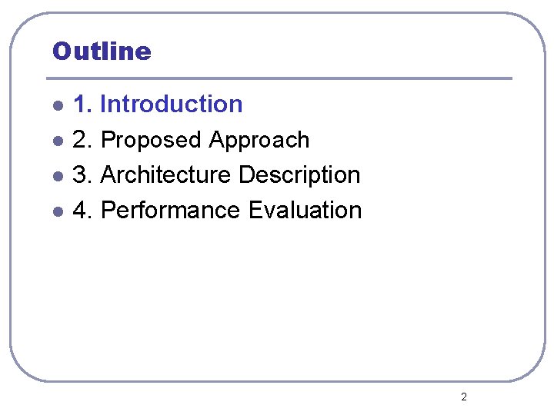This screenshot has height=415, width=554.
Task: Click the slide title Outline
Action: tap(102, 51)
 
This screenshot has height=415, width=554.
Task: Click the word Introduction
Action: tap(172, 104)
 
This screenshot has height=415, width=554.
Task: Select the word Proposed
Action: tap(151, 140)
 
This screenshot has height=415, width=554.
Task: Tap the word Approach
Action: tap(259, 140)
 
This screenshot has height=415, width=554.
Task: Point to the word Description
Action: tap(299, 174)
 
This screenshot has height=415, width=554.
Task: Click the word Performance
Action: tap(170, 210)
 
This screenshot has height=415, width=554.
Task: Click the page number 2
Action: tap(463, 397)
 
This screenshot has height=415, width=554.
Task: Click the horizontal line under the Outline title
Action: tap(279, 78)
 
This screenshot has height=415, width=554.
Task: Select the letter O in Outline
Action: tap(61, 51)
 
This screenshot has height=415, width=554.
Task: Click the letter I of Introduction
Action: tap(104, 104)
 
